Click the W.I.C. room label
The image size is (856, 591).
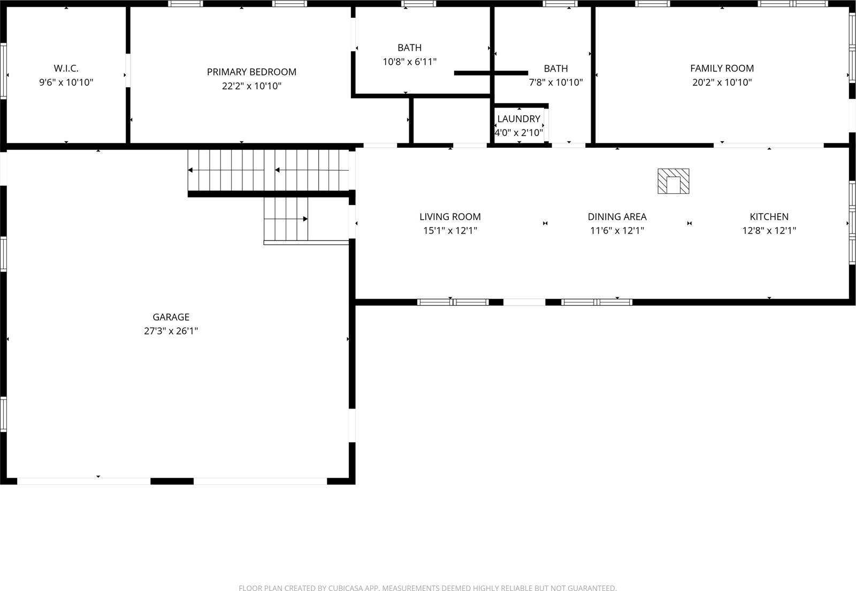(66, 69)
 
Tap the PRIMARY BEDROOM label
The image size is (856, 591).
(251, 72)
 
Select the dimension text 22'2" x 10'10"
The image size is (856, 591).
(251, 86)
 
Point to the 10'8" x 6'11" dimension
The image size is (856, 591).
(409, 62)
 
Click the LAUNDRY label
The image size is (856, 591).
(518, 119)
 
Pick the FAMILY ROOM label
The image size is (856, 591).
(722, 68)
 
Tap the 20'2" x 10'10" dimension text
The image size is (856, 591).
(722, 82)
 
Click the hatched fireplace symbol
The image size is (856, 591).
(673, 181)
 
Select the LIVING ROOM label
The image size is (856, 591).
(450, 217)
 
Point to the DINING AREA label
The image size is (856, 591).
(617, 217)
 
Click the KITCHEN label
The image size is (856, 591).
(769, 217)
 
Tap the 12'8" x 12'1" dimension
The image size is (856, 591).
(769, 231)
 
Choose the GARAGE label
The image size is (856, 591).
(171, 317)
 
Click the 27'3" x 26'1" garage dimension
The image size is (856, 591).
(171, 331)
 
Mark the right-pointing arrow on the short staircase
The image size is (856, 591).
(305, 219)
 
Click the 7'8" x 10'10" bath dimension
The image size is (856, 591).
(555, 82)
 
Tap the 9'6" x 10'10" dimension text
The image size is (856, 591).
(66, 82)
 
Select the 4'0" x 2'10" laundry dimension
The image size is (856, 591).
(518, 132)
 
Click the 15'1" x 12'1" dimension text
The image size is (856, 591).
(450, 231)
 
